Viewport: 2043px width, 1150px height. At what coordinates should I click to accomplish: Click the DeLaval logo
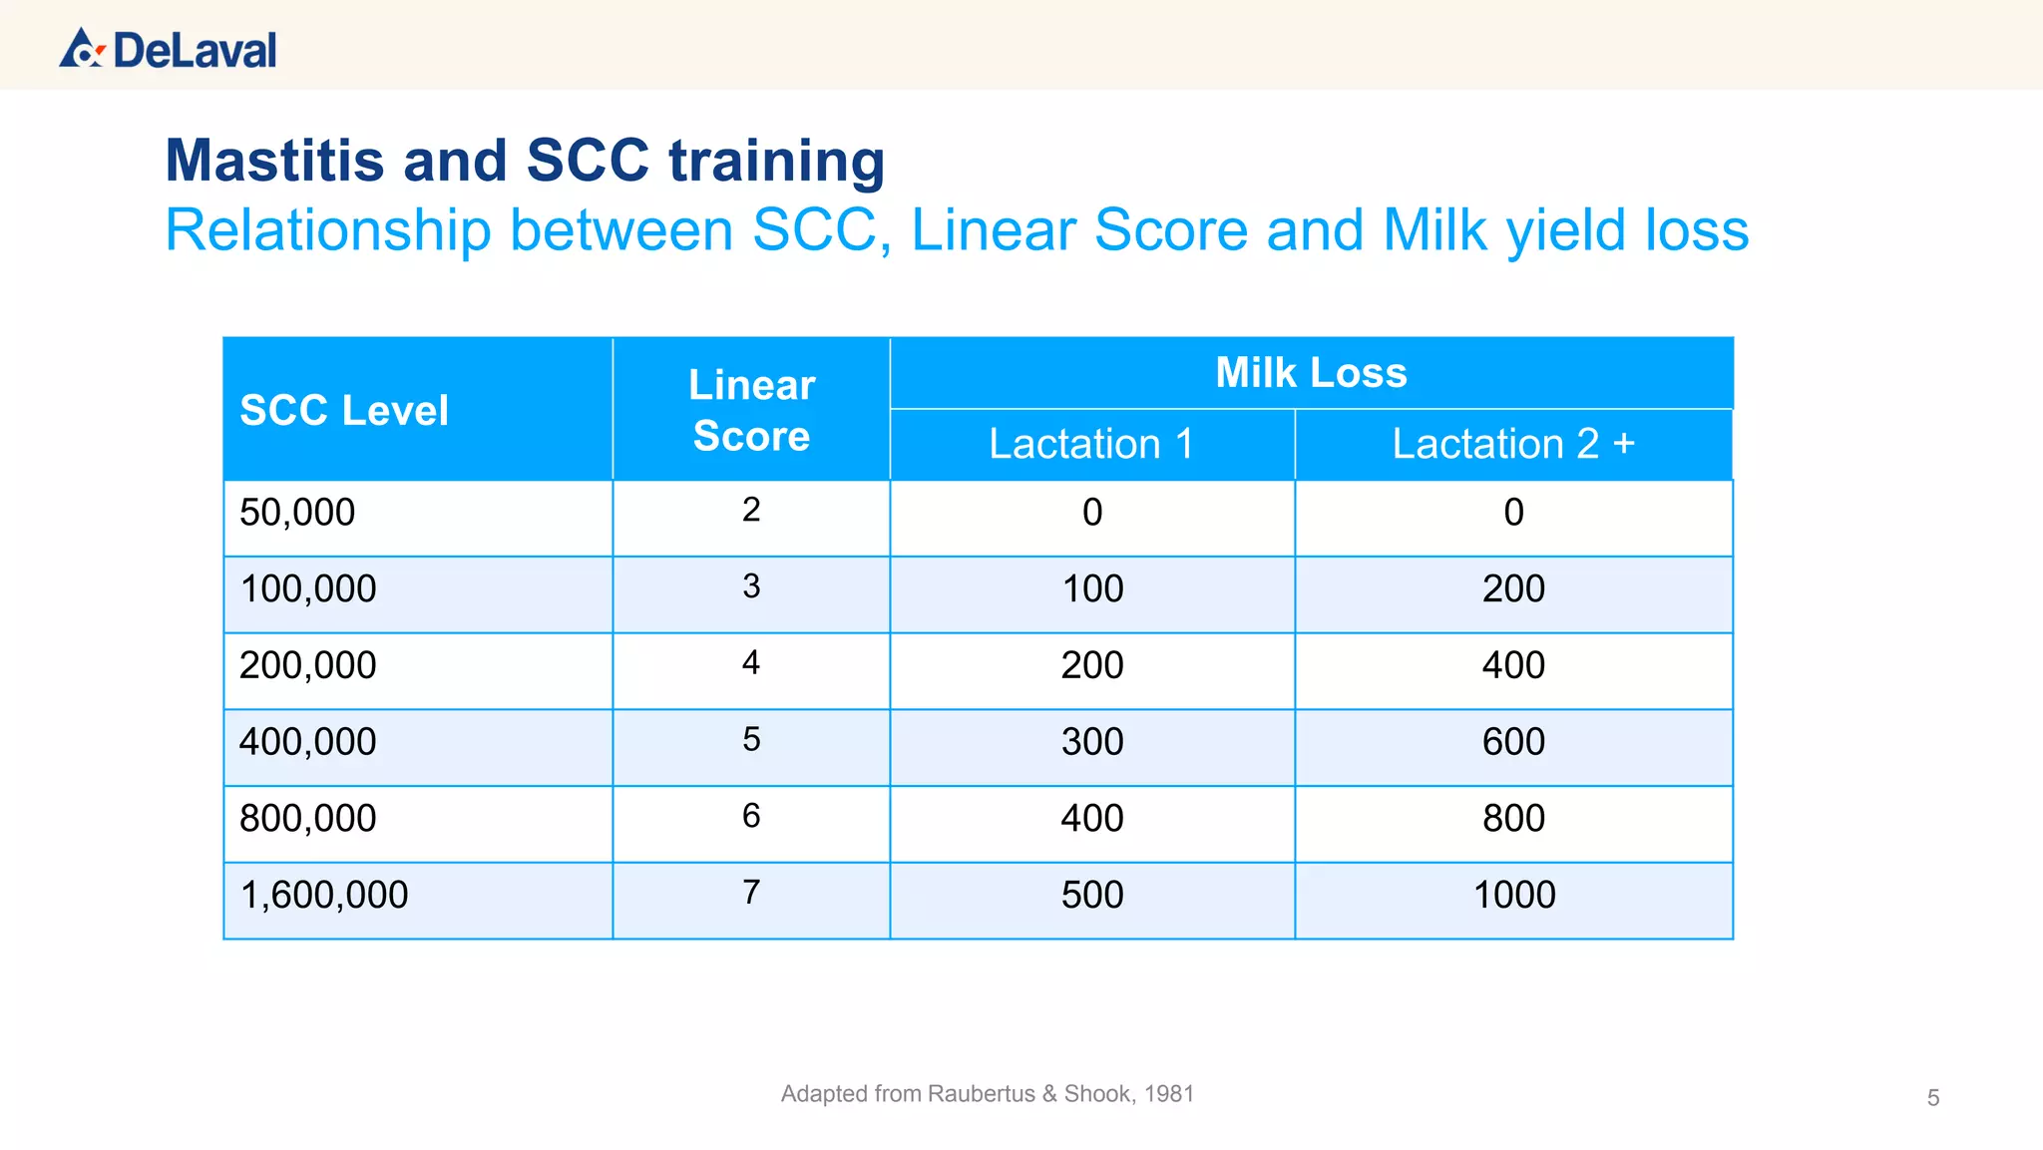coord(168,49)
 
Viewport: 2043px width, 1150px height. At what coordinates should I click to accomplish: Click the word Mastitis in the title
coord(275,161)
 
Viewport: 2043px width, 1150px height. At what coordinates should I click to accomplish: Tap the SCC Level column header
coord(344,410)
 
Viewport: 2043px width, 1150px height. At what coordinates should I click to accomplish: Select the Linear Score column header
coord(751,410)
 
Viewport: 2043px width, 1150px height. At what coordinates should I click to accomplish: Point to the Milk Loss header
coord(1311,373)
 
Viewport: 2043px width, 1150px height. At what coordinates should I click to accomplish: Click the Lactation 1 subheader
coord(1091,444)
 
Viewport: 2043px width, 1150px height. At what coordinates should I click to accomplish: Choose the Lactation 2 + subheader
coord(1512,444)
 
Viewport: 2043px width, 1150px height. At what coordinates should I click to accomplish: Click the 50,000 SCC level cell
coord(297,513)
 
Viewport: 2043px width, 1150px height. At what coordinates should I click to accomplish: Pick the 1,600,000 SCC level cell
coord(324,895)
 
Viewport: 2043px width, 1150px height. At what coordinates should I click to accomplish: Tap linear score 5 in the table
coord(751,739)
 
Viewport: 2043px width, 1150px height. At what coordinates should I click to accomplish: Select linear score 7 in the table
coord(751,892)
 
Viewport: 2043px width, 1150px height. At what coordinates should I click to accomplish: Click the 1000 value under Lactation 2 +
coord(1513,895)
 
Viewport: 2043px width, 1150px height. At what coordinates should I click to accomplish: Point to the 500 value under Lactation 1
coord(1092,895)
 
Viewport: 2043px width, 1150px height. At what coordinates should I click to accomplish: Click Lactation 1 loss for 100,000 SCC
coord(1092,588)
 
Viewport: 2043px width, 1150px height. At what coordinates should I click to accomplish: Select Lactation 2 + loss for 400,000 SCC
coord(1513,742)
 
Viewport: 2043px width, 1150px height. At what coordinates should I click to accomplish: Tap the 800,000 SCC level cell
coord(307,819)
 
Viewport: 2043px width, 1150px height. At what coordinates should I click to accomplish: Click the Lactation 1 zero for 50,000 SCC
coord(1092,513)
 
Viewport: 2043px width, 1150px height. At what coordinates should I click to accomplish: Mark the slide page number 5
coord(1932,1098)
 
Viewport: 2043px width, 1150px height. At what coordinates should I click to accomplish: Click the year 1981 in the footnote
coord(1168,1094)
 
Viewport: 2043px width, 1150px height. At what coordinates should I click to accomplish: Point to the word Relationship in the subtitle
coord(328,230)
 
